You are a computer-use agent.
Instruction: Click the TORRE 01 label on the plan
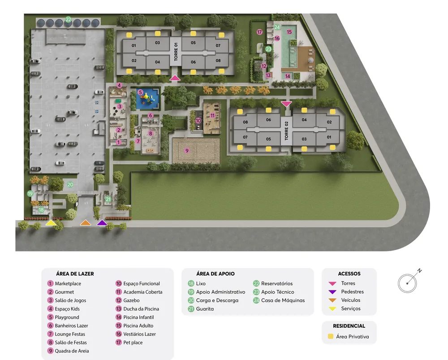(x=176, y=52)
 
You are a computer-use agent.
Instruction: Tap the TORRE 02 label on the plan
(x=286, y=130)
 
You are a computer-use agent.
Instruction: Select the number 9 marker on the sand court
(x=187, y=150)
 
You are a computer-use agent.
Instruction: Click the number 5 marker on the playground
(x=140, y=92)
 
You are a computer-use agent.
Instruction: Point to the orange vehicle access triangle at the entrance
(x=86, y=222)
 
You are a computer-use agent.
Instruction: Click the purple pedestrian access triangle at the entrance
(x=102, y=222)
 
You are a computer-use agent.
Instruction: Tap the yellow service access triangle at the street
(x=51, y=222)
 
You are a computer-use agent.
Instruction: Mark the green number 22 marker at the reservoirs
(x=68, y=19)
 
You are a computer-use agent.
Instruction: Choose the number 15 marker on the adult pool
(x=289, y=32)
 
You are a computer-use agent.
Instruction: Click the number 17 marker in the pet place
(x=259, y=32)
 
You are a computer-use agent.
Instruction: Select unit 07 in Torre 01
(x=218, y=45)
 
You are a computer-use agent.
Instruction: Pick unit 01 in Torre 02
(x=329, y=137)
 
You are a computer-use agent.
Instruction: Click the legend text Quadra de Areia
(x=72, y=351)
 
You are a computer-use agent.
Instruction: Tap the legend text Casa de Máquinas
(x=283, y=300)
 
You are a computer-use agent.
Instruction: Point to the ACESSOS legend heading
(x=349, y=273)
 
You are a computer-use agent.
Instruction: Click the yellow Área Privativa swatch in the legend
(x=331, y=336)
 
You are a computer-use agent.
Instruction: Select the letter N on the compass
(x=419, y=270)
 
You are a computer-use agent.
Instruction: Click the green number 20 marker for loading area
(x=70, y=184)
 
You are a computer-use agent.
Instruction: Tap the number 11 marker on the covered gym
(x=212, y=116)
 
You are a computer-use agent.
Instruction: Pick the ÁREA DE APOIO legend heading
(x=215, y=273)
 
